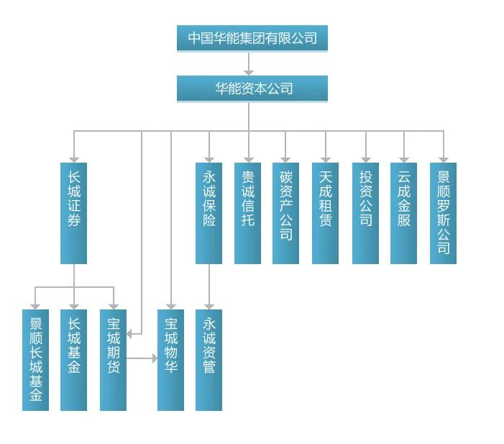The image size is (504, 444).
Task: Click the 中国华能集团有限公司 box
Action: point(252,38)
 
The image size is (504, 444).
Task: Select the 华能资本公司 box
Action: point(252,89)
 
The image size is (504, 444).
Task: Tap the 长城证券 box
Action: point(73,213)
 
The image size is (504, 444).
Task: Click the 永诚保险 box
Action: point(209,213)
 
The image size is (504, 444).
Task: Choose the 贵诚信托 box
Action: point(247,213)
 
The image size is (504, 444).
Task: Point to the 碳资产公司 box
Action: point(285,213)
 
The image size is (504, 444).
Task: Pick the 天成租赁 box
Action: point(325,213)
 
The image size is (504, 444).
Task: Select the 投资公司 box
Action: point(365,213)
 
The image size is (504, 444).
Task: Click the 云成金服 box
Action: point(403,213)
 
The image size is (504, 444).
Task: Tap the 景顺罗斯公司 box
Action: point(443,213)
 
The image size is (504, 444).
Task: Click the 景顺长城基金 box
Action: point(35,360)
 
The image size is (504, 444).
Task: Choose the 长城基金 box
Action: point(73,360)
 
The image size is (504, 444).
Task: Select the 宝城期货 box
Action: point(113,360)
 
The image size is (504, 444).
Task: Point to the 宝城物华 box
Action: point(170,360)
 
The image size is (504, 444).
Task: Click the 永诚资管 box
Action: point(209,360)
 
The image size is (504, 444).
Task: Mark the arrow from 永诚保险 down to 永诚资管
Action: point(209,286)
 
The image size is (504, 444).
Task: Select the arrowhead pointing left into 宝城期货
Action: point(130,335)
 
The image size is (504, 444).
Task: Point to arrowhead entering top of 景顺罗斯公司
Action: point(444,159)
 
